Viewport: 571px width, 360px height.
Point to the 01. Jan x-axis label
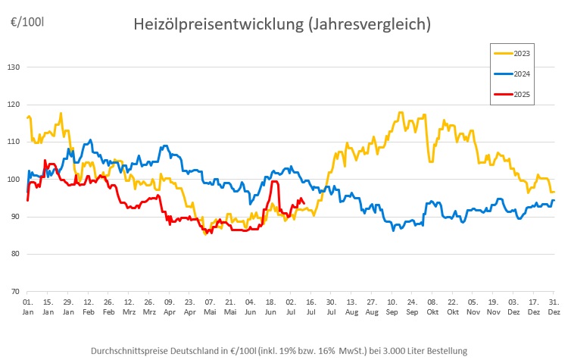pyautogui.click(x=27, y=307)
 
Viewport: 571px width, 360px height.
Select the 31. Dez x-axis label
pyautogui.click(x=554, y=307)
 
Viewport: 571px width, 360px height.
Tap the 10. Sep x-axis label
pyautogui.click(x=392, y=307)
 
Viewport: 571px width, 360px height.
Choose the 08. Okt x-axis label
pyautogui.click(x=432, y=307)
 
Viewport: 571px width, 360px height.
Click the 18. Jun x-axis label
pyautogui.click(x=270, y=307)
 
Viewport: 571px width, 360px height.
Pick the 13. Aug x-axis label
pyautogui.click(x=351, y=307)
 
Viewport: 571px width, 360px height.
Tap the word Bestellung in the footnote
pyautogui.click(x=445, y=350)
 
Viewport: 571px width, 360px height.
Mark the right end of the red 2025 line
pyautogui.click(x=304, y=202)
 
